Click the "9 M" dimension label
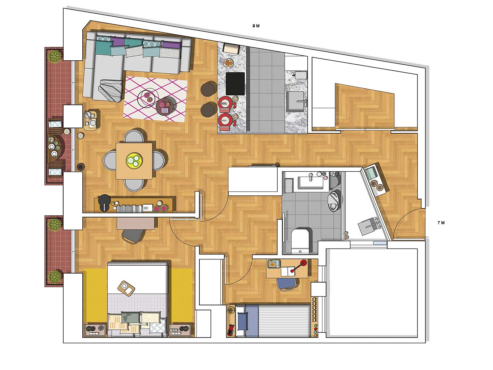256,26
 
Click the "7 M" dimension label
441,223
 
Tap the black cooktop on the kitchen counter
235,83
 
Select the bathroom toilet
300,241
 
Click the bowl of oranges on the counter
228,63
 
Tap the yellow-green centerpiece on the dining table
134,160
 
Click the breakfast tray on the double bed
126,288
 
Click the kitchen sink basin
295,101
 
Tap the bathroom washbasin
310,182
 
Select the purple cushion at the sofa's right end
172,44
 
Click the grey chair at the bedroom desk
133,236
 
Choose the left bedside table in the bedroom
95,330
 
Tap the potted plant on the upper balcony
55,56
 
